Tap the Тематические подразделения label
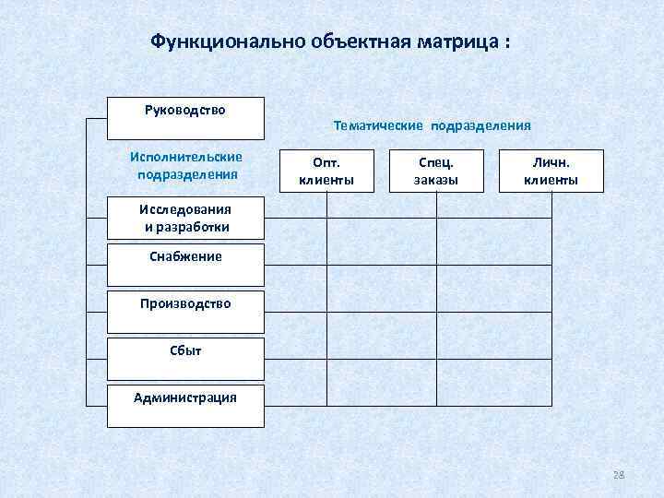pos(432,125)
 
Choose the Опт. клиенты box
pos(326,171)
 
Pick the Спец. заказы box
pos(436,171)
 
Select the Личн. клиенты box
pos(551,171)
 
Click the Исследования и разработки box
pos(185,218)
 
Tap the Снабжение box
pos(185,264)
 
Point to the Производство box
pos(185,311)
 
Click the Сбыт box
pos(185,358)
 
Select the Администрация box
pos(185,406)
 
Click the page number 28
pos(619,474)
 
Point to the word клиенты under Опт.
pos(326,180)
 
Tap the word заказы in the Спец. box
pos(436,180)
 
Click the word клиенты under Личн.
pos(551,180)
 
